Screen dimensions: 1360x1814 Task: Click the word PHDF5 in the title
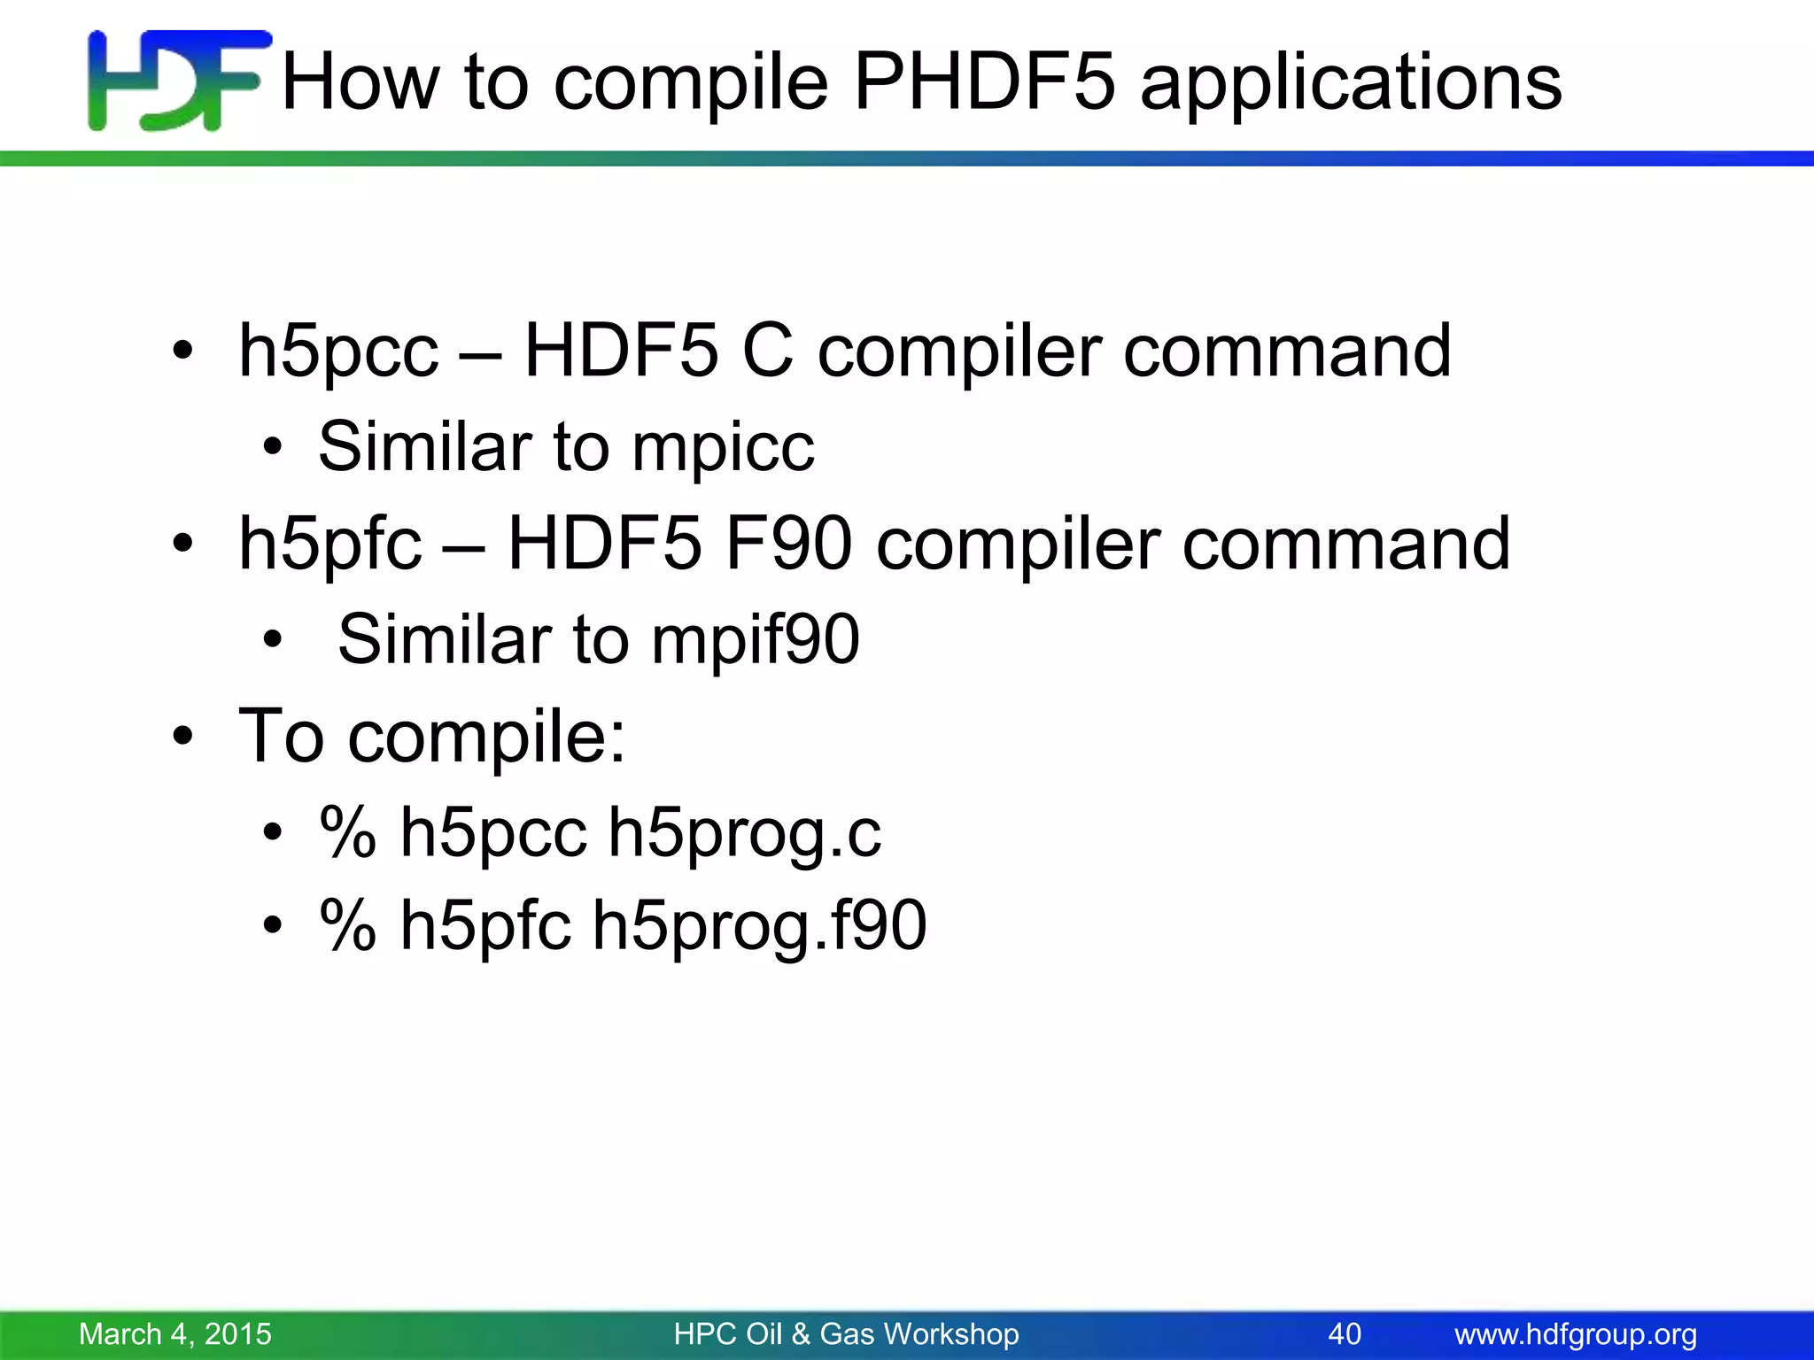(x=983, y=81)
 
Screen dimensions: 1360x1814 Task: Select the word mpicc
(x=723, y=447)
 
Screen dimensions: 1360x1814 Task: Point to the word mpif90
(x=756, y=639)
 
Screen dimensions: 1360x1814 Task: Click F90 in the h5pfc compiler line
(x=788, y=544)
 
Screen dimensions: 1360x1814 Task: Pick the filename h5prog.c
(x=745, y=833)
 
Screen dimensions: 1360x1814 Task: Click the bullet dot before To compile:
(x=182, y=737)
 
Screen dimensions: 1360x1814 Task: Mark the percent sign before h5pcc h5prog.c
(x=347, y=833)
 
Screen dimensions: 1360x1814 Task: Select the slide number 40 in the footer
(x=1345, y=1333)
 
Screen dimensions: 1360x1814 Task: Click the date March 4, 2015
(x=175, y=1333)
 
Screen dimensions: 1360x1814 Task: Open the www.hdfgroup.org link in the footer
(x=1576, y=1333)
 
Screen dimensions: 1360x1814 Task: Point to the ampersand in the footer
(x=801, y=1333)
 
